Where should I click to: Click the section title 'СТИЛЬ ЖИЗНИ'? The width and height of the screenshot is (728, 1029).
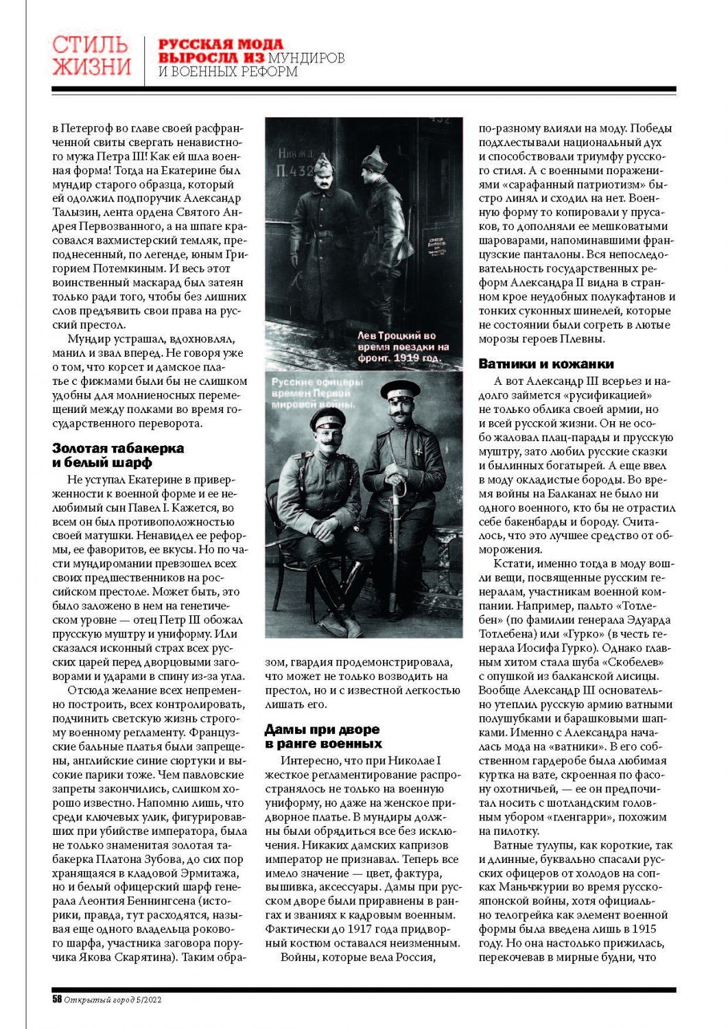point(91,56)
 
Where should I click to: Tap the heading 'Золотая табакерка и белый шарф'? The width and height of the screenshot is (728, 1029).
point(118,456)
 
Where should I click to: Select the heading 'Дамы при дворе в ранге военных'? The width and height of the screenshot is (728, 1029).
point(322,737)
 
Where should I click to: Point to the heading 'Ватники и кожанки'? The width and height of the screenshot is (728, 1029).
point(546,364)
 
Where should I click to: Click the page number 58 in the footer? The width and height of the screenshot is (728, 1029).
point(57,1000)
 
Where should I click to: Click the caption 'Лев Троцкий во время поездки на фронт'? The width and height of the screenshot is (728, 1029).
point(403,347)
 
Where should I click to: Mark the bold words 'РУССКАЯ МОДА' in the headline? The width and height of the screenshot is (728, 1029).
point(220,45)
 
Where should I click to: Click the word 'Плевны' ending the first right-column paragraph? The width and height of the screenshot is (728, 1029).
point(583,339)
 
